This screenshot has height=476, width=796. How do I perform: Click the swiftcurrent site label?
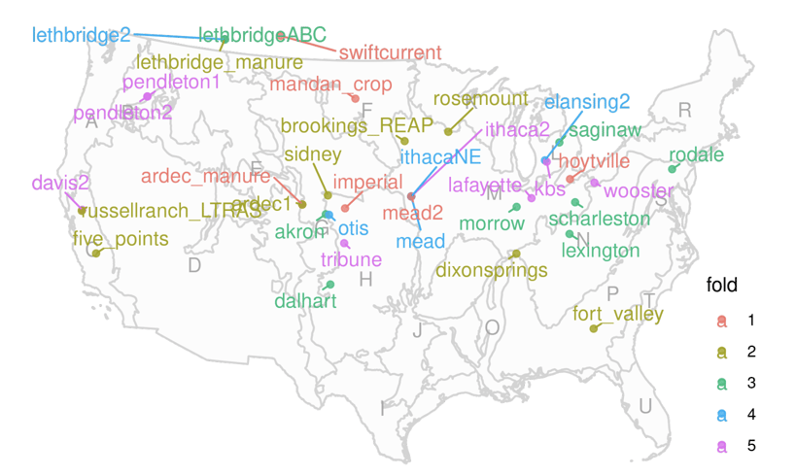coord(391,52)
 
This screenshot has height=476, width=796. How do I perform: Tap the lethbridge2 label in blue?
coord(81,35)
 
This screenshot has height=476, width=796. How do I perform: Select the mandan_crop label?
coord(330,85)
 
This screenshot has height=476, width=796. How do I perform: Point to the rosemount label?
coord(480,99)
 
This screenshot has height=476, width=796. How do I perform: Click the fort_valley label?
coord(618,314)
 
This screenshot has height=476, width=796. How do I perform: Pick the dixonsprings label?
coord(492,270)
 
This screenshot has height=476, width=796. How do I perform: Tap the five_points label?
coord(121,239)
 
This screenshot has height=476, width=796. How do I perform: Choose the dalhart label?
coord(305,301)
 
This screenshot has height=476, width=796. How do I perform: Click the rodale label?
coord(696,154)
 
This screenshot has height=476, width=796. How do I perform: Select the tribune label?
coord(351,259)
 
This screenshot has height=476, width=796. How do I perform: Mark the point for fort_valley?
coord(593,328)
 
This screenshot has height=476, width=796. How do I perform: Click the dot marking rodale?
coord(672,169)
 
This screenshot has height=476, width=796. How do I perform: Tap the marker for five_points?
coord(96,254)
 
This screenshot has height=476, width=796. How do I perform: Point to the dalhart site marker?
coord(330,285)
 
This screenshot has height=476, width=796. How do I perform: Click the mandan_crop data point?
coord(355,99)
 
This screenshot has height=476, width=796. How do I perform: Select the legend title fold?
coord(722,286)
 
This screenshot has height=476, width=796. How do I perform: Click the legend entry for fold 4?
coord(750,415)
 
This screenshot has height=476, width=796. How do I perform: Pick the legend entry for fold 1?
coord(750,320)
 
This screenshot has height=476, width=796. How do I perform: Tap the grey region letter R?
coord(684,110)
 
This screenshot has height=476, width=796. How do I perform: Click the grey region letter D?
coord(193,265)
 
